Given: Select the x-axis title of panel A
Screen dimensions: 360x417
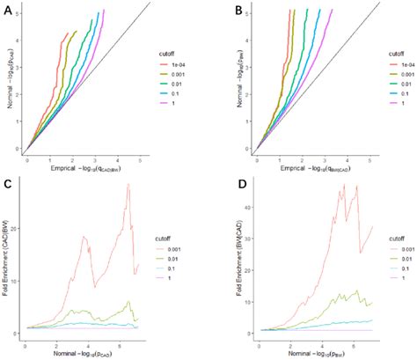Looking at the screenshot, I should coord(89,172).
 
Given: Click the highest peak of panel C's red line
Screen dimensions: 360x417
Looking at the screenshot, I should coord(128,185).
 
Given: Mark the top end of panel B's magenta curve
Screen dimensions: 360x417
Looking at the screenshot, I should coord(357,10).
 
